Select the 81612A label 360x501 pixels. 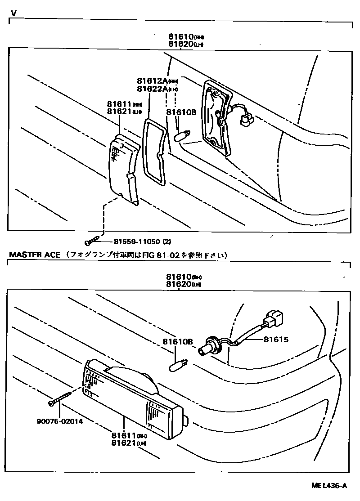[152, 81]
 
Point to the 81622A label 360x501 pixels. [152, 89]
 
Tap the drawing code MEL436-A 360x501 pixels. [329, 486]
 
